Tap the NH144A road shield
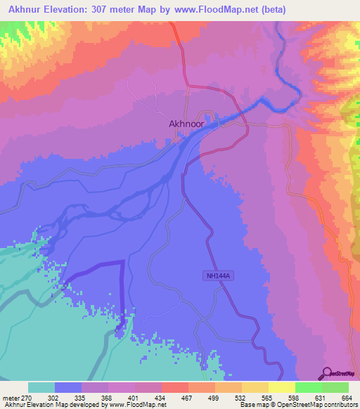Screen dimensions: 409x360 coord(219,276)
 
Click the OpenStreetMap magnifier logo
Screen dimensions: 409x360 coord(327,373)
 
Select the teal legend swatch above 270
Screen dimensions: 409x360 coord(41,387)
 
